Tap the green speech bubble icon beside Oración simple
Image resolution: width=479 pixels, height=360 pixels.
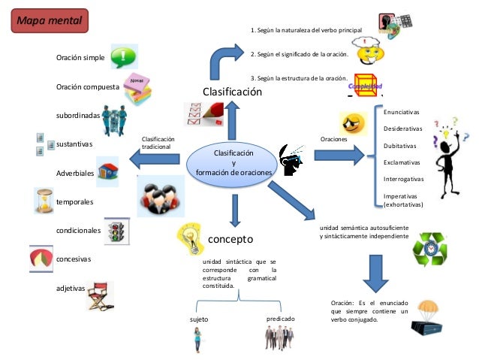(123, 56)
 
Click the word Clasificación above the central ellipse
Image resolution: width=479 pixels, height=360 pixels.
(233, 92)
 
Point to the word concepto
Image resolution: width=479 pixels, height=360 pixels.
(230, 239)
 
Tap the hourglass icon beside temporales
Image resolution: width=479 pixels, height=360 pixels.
(44, 201)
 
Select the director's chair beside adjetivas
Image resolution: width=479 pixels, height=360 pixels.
(99, 294)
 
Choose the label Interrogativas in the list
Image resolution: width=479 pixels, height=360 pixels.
(404, 179)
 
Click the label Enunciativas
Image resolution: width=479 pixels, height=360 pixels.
(402, 112)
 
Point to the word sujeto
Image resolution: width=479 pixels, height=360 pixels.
(198, 319)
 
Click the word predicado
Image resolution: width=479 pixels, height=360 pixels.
(281, 319)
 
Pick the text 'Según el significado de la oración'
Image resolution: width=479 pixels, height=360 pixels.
(297, 55)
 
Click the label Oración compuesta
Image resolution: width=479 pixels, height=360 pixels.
(87, 87)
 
